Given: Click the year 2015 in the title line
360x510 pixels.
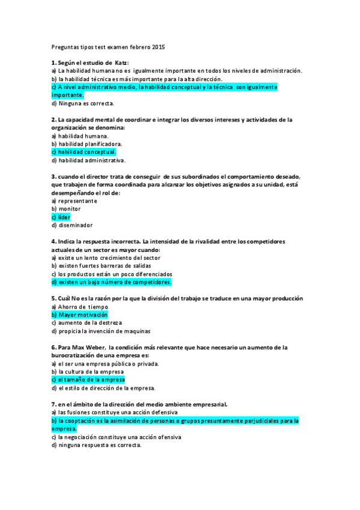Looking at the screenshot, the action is click(x=158, y=46).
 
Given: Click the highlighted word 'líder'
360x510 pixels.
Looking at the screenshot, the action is click(x=64, y=217).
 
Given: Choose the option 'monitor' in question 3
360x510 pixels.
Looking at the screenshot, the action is click(x=69, y=209).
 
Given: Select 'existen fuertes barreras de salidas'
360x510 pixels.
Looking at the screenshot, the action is click(x=104, y=266).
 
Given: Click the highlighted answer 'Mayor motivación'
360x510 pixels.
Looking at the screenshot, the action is click(x=83, y=315).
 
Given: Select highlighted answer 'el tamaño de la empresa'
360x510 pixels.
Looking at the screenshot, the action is click(x=91, y=379).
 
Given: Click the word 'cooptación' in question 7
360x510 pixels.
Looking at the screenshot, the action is click(x=84, y=421).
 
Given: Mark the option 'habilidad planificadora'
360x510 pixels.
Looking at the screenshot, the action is click(x=90, y=144).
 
